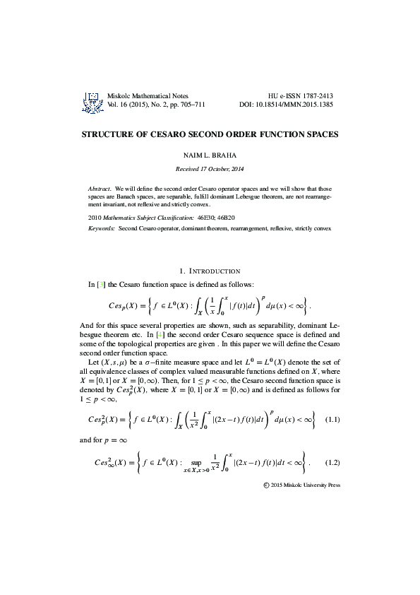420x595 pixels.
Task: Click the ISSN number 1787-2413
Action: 315,95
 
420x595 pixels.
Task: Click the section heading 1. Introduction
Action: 210,271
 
